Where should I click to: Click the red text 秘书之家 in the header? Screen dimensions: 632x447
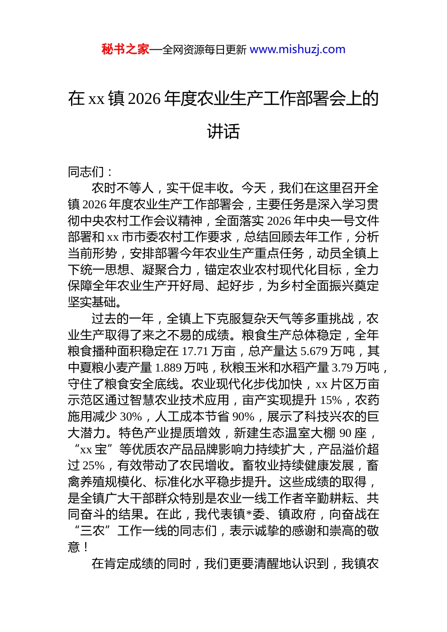coord(125,49)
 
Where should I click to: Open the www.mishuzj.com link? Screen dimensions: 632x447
coord(297,49)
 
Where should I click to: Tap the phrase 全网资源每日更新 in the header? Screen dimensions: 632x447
coord(204,49)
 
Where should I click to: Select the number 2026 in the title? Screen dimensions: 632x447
coord(144,99)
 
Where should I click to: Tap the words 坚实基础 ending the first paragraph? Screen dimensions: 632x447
coord(92,302)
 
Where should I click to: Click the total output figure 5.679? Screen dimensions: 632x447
coord(314,351)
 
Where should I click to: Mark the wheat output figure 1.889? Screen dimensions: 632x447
coord(169,368)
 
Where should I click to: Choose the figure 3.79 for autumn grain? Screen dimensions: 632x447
coord(342,368)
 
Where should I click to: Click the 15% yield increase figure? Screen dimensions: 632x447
coord(331,400)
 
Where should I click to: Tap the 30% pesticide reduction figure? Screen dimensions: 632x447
coord(131,417)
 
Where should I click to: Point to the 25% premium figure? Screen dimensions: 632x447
coord(93,466)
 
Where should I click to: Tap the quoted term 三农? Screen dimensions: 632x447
coord(92,531)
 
